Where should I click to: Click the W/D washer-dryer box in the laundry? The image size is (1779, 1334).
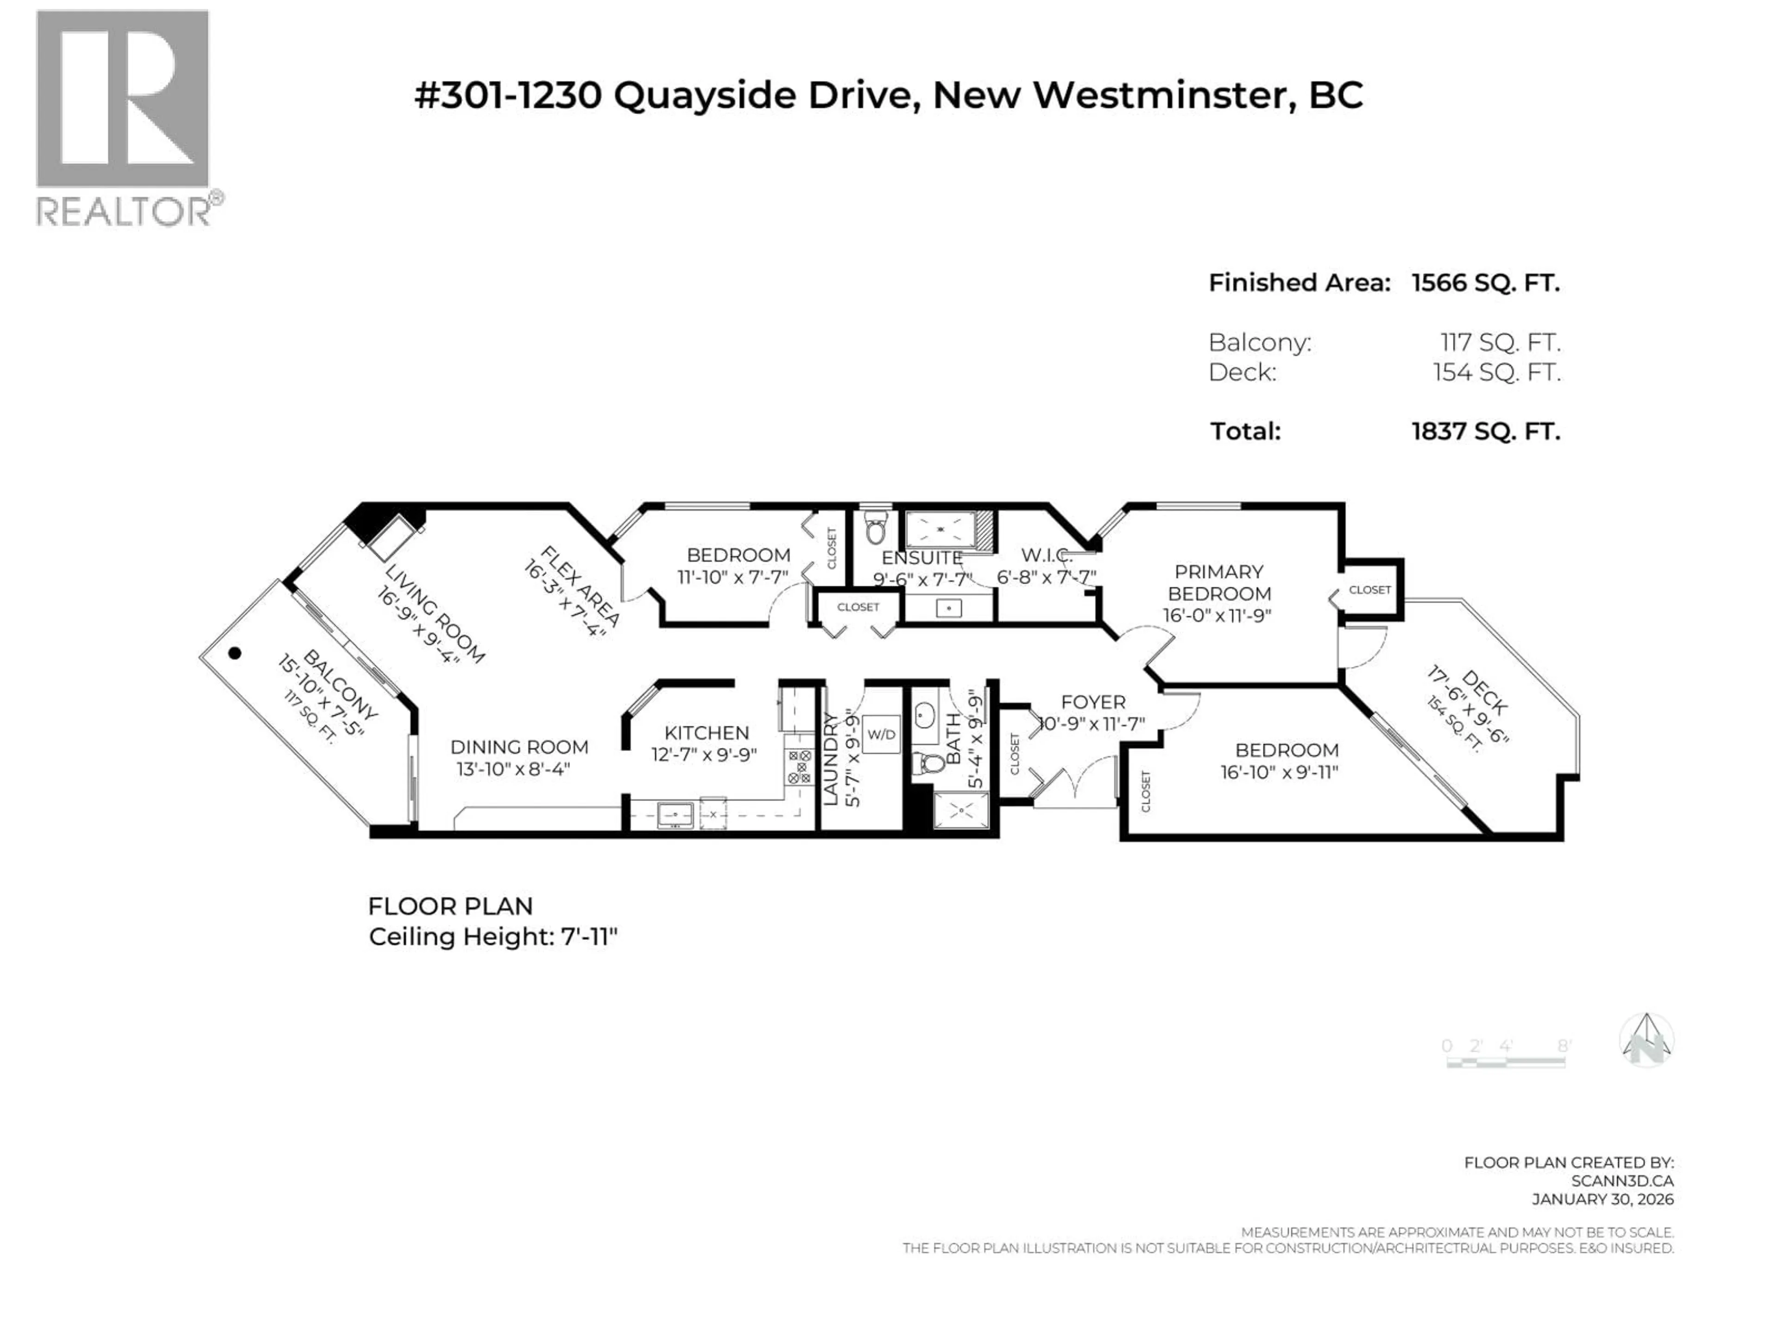882,734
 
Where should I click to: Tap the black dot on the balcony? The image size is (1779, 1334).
235,653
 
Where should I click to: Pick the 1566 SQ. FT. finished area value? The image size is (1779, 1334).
1485,283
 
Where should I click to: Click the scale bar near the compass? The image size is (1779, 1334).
1506,1062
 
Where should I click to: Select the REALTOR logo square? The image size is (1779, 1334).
122,99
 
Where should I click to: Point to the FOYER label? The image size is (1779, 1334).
1093,702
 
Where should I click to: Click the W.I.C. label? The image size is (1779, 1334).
1047,555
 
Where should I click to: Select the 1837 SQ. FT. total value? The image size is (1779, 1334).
1485,432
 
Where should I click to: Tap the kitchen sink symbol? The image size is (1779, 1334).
675,815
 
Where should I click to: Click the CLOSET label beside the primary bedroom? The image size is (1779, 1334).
1369,589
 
